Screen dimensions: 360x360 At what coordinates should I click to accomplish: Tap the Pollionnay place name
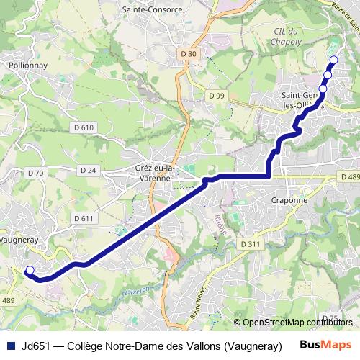[28, 64]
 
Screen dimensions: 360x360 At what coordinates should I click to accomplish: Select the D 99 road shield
[217, 96]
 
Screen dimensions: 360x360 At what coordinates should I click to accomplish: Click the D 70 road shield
[35, 173]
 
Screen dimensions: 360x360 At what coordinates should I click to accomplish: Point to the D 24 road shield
[89, 170]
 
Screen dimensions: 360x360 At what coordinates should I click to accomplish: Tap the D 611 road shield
[84, 218]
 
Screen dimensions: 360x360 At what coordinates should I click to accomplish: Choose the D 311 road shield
[250, 244]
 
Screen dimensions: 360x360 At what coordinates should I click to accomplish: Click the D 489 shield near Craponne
[348, 178]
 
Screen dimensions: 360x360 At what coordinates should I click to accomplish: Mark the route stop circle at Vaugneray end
[30, 271]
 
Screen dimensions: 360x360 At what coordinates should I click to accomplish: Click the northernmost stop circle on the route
[333, 60]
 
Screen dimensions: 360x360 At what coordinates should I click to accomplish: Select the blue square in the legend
[9, 343]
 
